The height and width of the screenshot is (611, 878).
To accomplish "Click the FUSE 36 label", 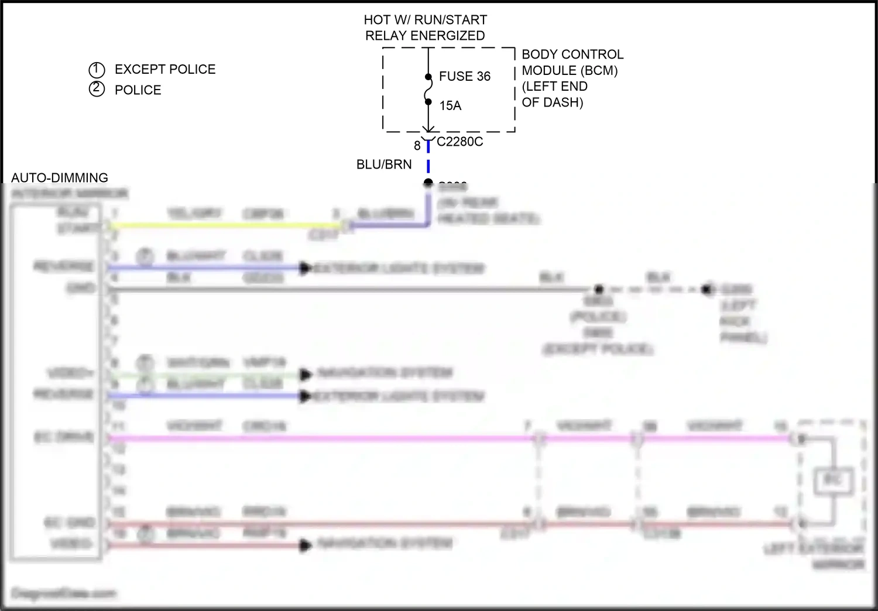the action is [464, 77].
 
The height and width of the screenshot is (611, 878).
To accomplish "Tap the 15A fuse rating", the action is [450, 106].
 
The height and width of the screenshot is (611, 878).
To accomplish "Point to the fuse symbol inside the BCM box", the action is [428, 89].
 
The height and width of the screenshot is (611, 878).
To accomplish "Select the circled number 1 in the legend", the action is [97, 70].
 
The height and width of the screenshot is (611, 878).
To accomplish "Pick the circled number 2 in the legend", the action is [97, 90].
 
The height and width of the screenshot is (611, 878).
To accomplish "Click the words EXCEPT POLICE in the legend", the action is [165, 70].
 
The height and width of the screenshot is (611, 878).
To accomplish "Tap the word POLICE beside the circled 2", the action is [138, 90].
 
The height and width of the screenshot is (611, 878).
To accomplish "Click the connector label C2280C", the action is [459, 142].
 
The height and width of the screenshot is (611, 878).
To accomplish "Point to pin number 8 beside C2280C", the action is [417, 146].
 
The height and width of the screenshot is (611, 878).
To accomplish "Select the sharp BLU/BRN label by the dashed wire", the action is [384, 165].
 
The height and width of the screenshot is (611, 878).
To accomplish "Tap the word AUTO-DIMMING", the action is [60, 178].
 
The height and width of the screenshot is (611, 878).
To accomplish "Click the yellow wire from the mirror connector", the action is [222, 225].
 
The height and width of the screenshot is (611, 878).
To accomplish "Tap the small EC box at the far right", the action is [833, 481].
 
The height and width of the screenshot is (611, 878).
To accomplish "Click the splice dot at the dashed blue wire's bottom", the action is [428, 183].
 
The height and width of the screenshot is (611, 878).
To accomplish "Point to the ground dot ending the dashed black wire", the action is [708, 289].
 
